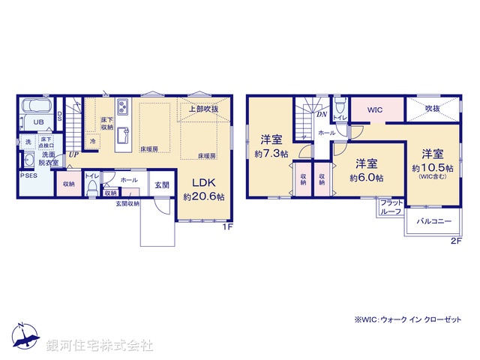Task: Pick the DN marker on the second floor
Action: coord(320,115)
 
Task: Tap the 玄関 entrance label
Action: coord(162,184)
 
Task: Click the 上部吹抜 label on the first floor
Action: coord(202,109)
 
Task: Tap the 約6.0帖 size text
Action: coord(366,178)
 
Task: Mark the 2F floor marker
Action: coord(455,241)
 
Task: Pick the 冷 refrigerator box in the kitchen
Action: coord(93,141)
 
